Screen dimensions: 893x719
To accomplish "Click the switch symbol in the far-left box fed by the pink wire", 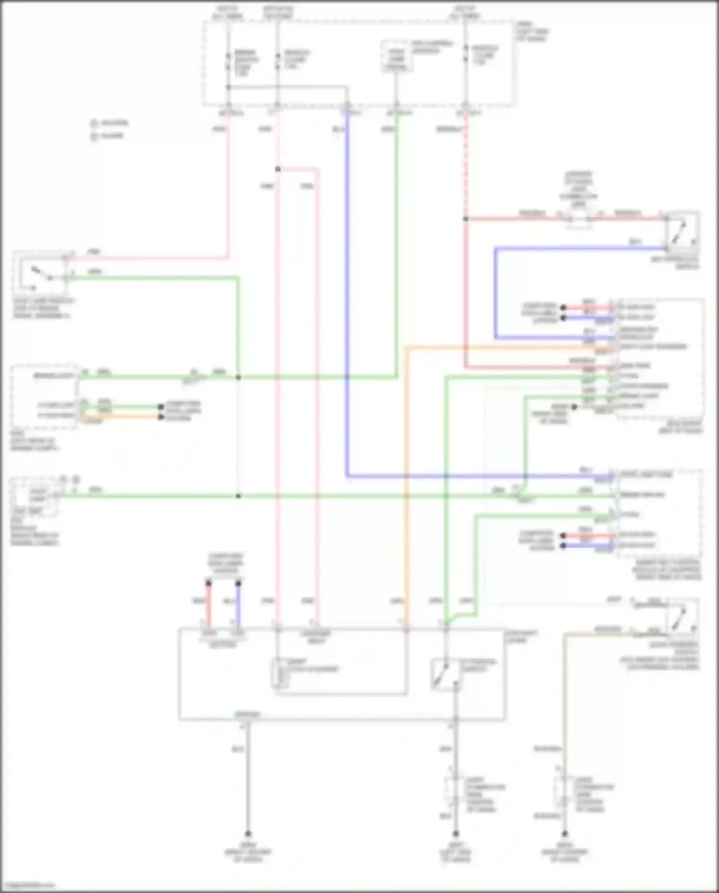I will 41,274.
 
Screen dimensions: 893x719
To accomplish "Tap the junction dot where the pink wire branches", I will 278,169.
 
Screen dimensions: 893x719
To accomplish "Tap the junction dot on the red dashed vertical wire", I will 465,219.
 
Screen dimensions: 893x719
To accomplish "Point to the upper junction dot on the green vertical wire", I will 238,378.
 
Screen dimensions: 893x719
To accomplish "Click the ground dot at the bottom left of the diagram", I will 248,834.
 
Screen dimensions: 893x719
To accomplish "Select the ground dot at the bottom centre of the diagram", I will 456,834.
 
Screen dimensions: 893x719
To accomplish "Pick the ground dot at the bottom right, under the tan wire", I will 565,834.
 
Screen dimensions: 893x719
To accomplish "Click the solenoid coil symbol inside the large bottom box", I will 280,673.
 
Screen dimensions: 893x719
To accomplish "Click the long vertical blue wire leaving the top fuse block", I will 347,288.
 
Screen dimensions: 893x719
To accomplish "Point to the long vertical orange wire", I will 406,480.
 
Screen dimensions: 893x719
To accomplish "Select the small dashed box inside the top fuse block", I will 396,57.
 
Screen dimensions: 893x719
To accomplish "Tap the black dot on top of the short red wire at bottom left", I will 209,583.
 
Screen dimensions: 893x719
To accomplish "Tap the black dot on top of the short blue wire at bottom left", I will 238,583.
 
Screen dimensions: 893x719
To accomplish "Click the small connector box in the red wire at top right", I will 580,220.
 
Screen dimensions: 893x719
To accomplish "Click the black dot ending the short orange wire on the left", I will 161,417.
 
